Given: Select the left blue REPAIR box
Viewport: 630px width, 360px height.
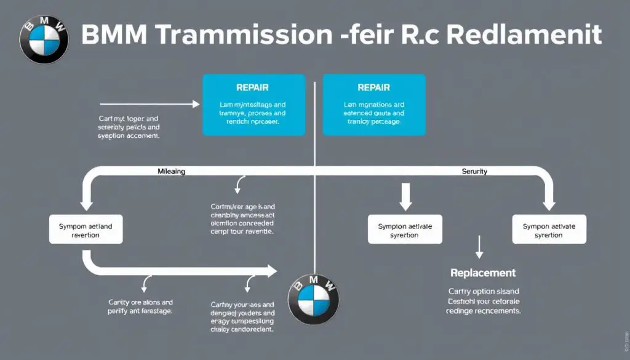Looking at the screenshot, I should coord(253,105).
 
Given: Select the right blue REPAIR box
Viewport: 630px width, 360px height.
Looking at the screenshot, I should coord(373,105).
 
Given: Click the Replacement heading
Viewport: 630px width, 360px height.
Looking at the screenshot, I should coord(482,272).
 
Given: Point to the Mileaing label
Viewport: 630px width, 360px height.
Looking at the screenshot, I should coord(167,172).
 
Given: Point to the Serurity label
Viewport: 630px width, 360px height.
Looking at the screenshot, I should coord(474,172).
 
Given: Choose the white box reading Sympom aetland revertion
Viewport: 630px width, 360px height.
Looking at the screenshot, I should coord(85,230).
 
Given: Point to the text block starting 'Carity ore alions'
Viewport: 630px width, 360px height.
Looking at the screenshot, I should coord(140,306).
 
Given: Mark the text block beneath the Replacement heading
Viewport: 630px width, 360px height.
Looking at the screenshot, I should coord(483,302).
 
